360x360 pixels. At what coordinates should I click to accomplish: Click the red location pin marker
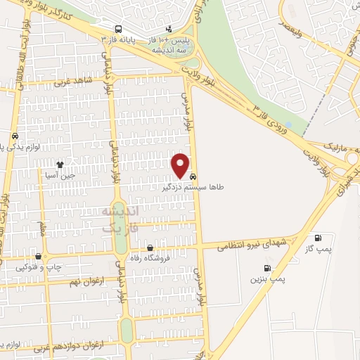181,165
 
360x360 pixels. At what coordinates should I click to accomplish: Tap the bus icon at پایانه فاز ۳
118,30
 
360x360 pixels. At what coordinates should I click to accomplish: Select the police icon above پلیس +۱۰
169,30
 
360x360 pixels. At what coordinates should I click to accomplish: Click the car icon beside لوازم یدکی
15,136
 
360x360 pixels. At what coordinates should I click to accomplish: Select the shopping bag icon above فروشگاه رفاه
150,247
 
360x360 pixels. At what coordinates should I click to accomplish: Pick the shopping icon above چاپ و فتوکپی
38,257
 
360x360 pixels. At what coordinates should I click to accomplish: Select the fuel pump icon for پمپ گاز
318,238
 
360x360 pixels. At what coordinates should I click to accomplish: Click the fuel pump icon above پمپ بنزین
266,267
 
